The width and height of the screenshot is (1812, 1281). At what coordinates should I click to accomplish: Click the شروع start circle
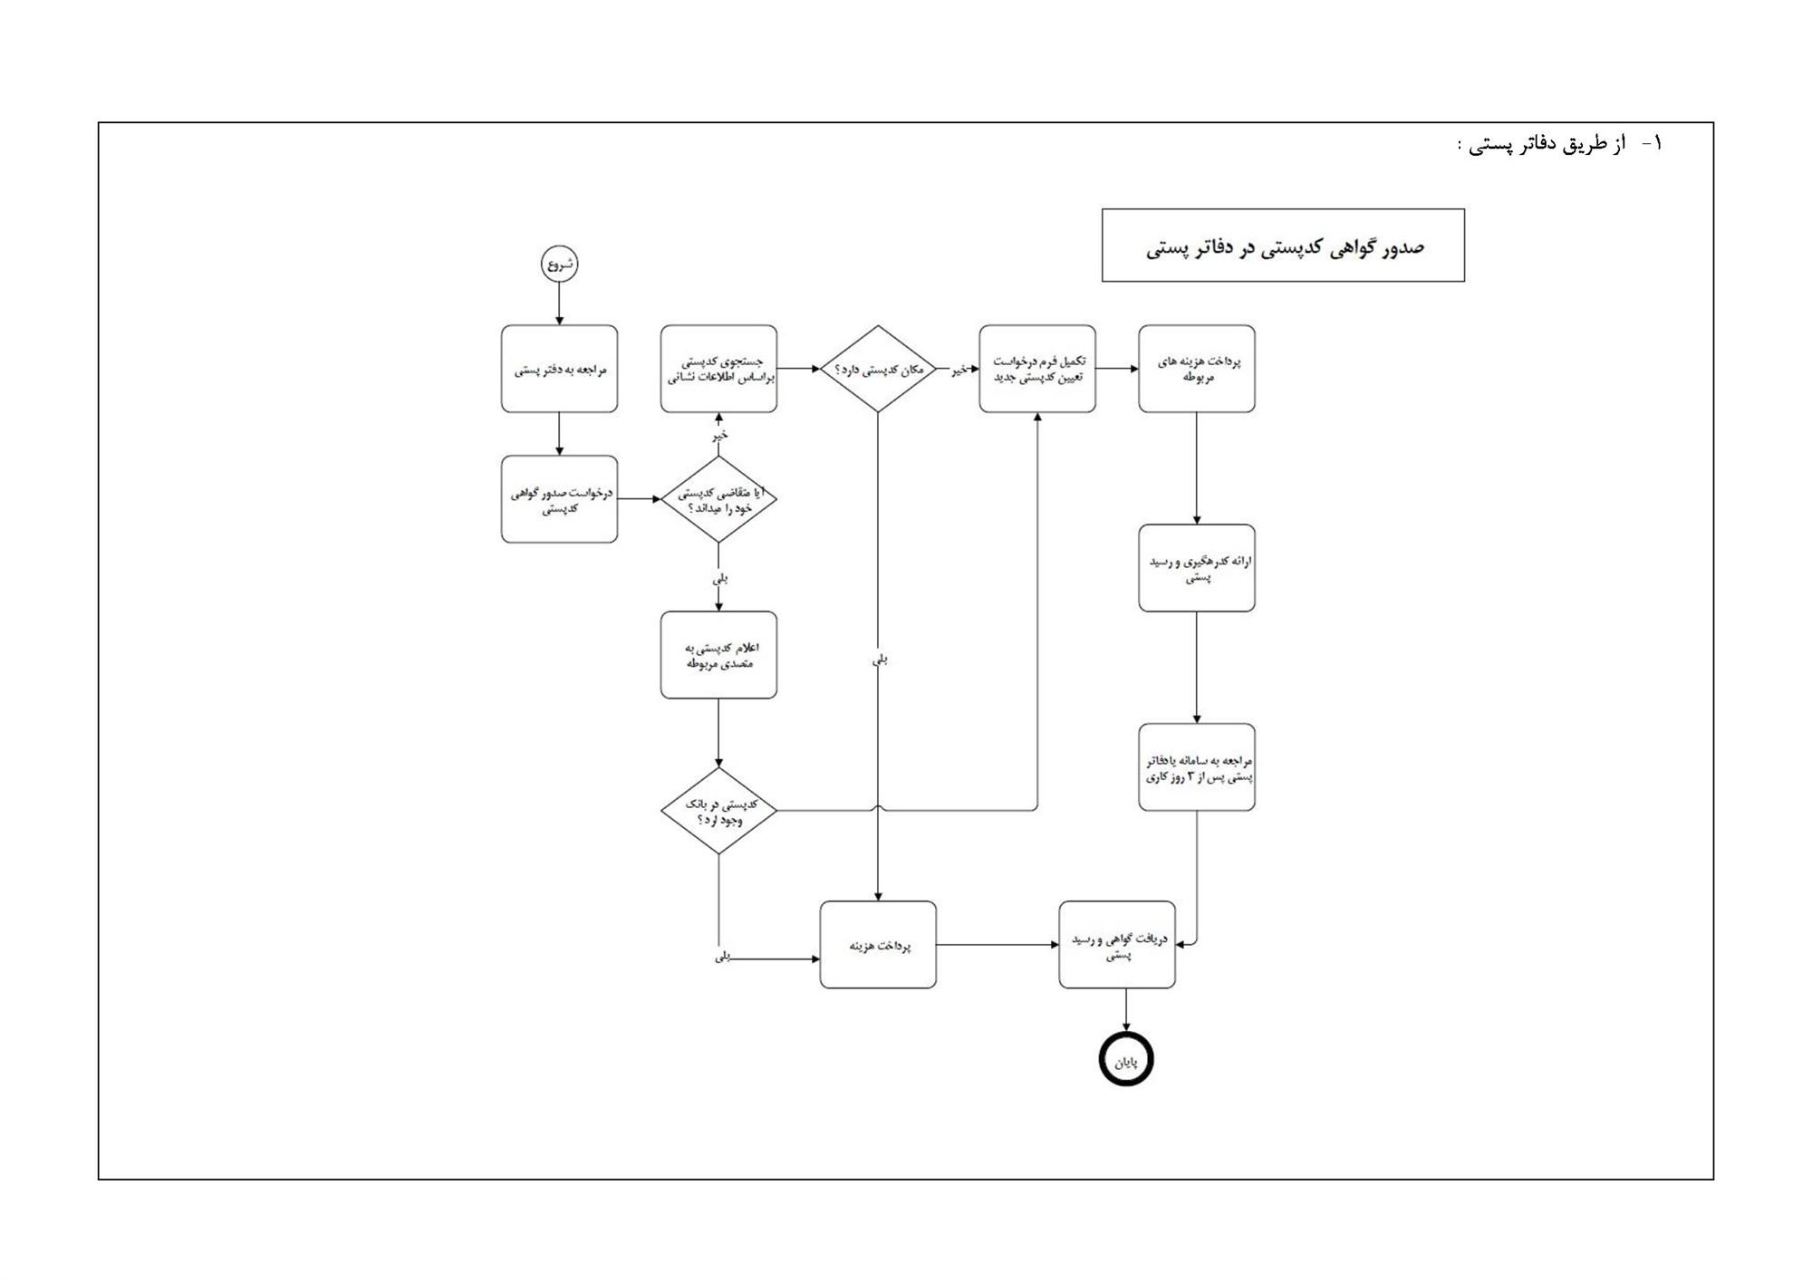(x=559, y=265)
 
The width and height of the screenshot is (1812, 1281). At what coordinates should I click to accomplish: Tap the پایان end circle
(x=1126, y=1059)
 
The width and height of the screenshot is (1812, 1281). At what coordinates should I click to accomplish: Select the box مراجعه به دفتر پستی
(x=559, y=370)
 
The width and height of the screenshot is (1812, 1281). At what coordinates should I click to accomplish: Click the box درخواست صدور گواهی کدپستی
(x=559, y=499)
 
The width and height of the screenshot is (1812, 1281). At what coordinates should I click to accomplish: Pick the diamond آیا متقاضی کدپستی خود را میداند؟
(x=718, y=499)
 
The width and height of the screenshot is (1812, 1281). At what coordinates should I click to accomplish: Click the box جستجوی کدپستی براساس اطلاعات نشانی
(x=718, y=370)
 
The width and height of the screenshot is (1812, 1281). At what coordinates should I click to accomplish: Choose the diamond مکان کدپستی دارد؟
(x=877, y=370)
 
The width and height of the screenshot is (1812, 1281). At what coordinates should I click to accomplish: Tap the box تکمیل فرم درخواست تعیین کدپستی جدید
(x=1037, y=370)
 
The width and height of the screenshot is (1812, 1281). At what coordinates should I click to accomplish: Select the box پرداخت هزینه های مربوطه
(x=1197, y=370)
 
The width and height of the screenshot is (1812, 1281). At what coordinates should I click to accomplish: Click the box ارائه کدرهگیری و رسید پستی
(x=1197, y=568)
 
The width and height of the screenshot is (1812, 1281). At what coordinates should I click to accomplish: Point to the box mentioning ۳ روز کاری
(x=1197, y=767)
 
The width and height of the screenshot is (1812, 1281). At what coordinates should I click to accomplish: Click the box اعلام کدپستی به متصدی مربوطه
(x=718, y=655)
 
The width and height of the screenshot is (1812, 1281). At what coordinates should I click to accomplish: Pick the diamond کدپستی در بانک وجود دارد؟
(x=718, y=811)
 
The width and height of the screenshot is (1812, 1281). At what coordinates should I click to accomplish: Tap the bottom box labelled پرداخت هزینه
(x=877, y=945)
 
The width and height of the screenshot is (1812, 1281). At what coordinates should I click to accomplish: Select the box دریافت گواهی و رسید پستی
(x=1117, y=945)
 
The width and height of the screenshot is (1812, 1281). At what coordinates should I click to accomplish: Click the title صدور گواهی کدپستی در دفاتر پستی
(x=1283, y=246)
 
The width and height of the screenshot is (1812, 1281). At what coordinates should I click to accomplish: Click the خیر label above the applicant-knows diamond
(x=719, y=436)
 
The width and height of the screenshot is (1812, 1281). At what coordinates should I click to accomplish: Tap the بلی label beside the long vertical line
(x=879, y=660)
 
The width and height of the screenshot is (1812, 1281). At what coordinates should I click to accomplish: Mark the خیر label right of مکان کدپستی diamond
(x=958, y=370)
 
